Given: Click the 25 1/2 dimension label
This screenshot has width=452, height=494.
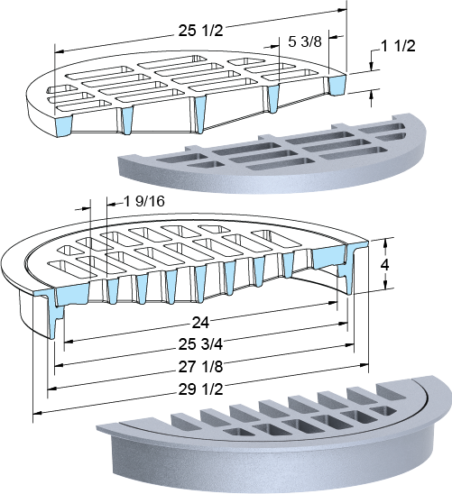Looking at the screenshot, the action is click(201, 31).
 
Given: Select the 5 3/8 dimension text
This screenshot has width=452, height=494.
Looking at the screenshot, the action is click(305, 41).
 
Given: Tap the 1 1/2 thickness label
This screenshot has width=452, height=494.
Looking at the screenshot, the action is click(399, 46).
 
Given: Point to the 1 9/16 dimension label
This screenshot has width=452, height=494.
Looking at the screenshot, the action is click(144, 201).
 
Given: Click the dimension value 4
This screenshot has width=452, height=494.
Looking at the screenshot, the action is click(384, 265).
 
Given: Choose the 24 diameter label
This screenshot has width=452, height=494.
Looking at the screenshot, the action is click(200, 323).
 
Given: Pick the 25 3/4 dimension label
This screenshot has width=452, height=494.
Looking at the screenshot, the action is click(201, 344).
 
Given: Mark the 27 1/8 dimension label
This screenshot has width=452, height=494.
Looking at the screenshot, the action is click(201, 367).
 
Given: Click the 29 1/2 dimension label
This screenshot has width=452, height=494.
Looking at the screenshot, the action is click(201, 389).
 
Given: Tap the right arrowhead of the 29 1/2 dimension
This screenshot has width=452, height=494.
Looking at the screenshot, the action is click(364, 365).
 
